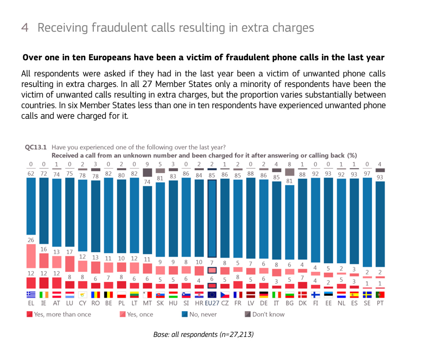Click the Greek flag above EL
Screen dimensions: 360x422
(x=31, y=295)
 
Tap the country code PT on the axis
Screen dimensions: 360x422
(x=380, y=304)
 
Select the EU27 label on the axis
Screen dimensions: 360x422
(x=212, y=304)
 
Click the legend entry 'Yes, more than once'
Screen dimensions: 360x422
(x=59, y=314)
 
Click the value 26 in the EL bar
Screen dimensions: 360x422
(x=31, y=240)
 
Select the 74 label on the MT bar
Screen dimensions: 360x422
(x=147, y=182)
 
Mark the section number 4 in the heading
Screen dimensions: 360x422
(x=25, y=28)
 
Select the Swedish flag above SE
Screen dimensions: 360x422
(x=367, y=295)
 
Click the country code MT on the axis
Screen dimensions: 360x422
(x=147, y=304)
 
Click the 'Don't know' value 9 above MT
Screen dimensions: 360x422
(x=147, y=164)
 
